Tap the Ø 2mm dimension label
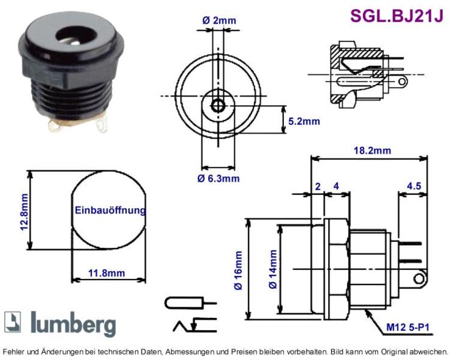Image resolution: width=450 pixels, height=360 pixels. (219, 20)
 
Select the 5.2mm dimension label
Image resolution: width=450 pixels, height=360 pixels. (304, 121)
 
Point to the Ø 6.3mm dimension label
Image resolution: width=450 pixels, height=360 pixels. (218, 178)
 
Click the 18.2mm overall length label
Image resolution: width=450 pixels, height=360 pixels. (372, 150)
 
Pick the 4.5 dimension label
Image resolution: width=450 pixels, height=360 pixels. (414, 186)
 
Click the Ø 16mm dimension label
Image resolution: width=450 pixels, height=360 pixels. (238, 271)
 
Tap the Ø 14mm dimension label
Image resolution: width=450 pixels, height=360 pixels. (272, 269)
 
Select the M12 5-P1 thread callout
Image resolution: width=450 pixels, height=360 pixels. (407, 327)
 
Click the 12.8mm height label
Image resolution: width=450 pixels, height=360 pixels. (24, 212)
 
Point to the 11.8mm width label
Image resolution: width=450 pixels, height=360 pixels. (106, 273)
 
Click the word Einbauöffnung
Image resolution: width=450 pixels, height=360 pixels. (110, 210)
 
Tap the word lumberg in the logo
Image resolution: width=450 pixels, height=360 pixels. (73, 324)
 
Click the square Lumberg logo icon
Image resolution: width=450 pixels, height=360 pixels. (13, 322)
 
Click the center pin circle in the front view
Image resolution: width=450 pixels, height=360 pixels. (218, 106)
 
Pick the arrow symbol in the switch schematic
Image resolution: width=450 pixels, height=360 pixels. (194, 325)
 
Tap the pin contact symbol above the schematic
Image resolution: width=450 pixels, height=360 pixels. (191, 303)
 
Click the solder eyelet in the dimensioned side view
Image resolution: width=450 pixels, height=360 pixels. (419, 278)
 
